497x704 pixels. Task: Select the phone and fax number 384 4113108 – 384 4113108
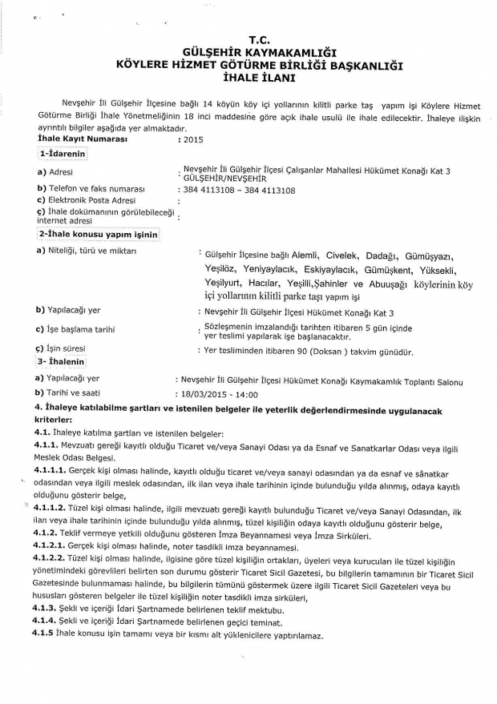click(x=240, y=191)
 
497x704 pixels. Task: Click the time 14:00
click(x=246, y=395)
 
